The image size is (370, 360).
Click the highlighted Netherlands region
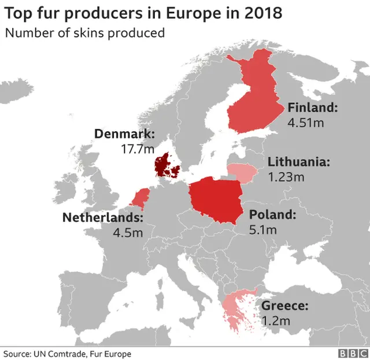(139, 198)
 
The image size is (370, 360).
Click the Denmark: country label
(124, 135)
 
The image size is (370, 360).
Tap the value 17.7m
(138, 149)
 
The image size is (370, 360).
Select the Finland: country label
(312, 107)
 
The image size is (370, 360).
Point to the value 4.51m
(305, 122)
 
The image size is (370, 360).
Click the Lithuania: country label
(299, 162)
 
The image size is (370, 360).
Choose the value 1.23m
(286, 177)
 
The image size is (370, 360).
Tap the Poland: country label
(272, 216)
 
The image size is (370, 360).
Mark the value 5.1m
(263, 230)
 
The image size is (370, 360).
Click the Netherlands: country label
(102, 218)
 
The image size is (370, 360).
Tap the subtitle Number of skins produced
(85, 32)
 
